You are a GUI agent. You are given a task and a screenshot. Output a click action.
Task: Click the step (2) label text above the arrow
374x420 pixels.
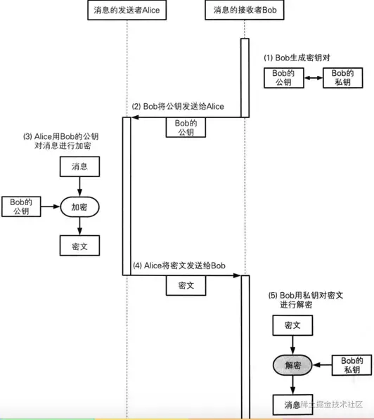click(178, 106)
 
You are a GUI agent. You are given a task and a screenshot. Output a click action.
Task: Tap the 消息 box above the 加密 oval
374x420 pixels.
click(79, 166)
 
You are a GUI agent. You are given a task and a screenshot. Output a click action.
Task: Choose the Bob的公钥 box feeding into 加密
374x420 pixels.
click(21, 206)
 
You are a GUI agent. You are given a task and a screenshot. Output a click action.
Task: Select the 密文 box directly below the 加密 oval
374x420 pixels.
click(79, 244)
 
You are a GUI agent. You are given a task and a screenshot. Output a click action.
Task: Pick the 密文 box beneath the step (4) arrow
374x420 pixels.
click(186, 286)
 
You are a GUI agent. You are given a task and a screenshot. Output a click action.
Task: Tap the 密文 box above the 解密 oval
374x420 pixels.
click(292, 325)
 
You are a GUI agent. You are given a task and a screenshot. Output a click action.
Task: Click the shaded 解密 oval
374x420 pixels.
click(292, 365)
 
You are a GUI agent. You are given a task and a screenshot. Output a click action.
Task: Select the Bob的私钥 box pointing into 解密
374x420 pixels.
click(352, 365)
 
